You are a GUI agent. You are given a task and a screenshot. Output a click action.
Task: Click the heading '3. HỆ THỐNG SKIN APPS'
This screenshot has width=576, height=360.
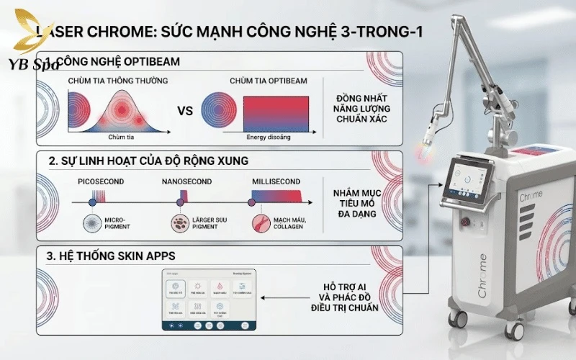tap(112, 256)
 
